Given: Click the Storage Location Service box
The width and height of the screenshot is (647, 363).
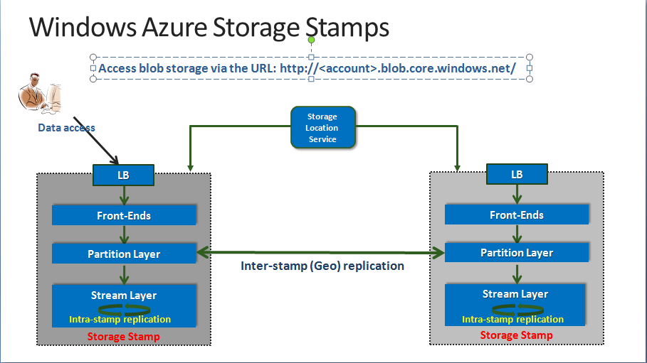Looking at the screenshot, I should point(322,128).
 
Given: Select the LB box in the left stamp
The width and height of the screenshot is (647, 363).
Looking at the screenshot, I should point(124,175).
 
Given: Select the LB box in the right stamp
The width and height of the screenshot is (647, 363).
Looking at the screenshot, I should point(517,174).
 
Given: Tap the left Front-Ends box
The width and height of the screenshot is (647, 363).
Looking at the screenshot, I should point(124,215).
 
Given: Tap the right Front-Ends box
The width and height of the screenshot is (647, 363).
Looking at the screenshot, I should point(517,215).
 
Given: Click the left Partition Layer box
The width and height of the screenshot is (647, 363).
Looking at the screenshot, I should point(124,254).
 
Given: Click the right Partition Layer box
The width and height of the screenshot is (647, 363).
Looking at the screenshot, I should point(517,252).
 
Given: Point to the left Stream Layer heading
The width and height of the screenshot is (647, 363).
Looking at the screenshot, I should point(124,296).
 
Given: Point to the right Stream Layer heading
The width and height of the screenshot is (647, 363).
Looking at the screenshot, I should point(515,294).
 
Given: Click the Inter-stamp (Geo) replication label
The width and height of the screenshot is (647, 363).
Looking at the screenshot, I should point(322,266).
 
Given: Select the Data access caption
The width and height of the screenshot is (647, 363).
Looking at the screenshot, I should point(66,128).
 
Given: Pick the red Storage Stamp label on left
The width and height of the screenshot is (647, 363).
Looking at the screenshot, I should point(124,336).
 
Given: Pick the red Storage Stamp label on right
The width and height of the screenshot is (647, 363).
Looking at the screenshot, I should point(517,335).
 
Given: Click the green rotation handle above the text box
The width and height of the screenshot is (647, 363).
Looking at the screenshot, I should point(311,40).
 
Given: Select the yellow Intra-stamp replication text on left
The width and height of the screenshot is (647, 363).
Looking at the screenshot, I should point(120,319).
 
